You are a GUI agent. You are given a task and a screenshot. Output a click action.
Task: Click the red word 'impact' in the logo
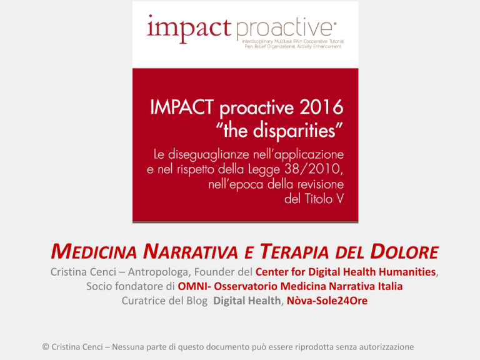point(189,29)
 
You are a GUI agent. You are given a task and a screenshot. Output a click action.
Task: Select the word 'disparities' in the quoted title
point(294,130)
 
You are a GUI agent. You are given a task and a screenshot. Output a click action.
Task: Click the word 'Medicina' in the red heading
point(94,252)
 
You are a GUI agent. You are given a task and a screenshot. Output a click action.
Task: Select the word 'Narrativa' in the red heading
point(191,252)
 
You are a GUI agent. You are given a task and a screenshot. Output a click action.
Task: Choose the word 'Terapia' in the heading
point(294,252)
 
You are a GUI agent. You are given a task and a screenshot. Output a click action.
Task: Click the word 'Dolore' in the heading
point(404,252)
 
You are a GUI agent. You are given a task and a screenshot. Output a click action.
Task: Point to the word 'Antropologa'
point(157,272)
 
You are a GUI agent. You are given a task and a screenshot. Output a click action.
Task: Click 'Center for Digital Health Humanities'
point(346,272)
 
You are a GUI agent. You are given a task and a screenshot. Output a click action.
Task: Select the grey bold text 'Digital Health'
point(247,301)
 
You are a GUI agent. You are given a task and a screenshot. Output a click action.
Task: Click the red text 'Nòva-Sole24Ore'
point(327,301)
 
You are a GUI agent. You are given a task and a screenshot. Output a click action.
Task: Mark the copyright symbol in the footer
point(46,347)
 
